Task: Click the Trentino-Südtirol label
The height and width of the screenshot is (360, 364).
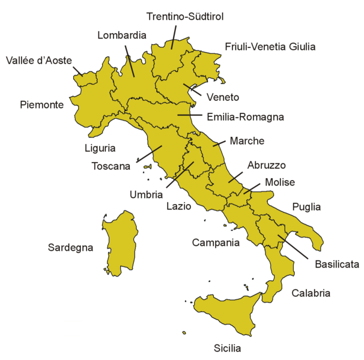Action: [x=186, y=17]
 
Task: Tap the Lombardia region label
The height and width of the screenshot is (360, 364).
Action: [x=122, y=35]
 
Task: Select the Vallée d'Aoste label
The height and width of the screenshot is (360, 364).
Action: [x=39, y=61]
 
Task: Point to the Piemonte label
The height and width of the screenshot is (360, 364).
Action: [x=41, y=104]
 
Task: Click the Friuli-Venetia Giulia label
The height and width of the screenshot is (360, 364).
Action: [x=270, y=46]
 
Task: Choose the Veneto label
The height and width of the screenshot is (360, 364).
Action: [x=223, y=97]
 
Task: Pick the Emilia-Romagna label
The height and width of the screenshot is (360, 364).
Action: [x=245, y=117]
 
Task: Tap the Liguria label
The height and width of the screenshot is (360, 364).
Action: [x=100, y=148]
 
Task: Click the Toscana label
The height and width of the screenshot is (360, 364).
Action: [x=111, y=166]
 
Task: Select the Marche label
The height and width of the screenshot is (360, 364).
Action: [x=246, y=141]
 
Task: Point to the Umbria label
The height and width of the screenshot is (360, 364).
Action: [x=146, y=194]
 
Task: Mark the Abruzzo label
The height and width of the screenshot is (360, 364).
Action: [x=266, y=165]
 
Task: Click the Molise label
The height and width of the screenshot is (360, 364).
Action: [x=280, y=183]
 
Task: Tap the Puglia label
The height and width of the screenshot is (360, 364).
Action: [x=306, y=207]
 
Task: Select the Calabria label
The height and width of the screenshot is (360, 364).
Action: [x=311, y=293]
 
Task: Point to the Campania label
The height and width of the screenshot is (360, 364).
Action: [x=216, y=243]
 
